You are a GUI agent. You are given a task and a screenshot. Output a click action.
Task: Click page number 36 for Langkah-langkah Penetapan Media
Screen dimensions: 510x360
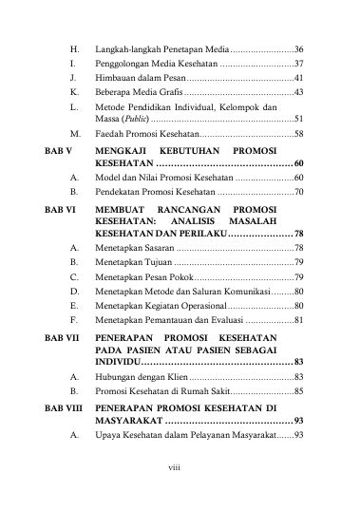coord(298,47)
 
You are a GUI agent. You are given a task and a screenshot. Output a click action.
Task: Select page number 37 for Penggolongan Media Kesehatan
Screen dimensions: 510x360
coord(298,63)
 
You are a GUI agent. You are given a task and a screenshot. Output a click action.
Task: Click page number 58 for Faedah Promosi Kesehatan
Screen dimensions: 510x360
coord(298,137)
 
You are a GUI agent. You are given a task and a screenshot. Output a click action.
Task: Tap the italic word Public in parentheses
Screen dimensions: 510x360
coord(128,121)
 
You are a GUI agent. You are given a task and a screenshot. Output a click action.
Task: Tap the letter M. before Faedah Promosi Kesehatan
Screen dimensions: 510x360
coord(73,137)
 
